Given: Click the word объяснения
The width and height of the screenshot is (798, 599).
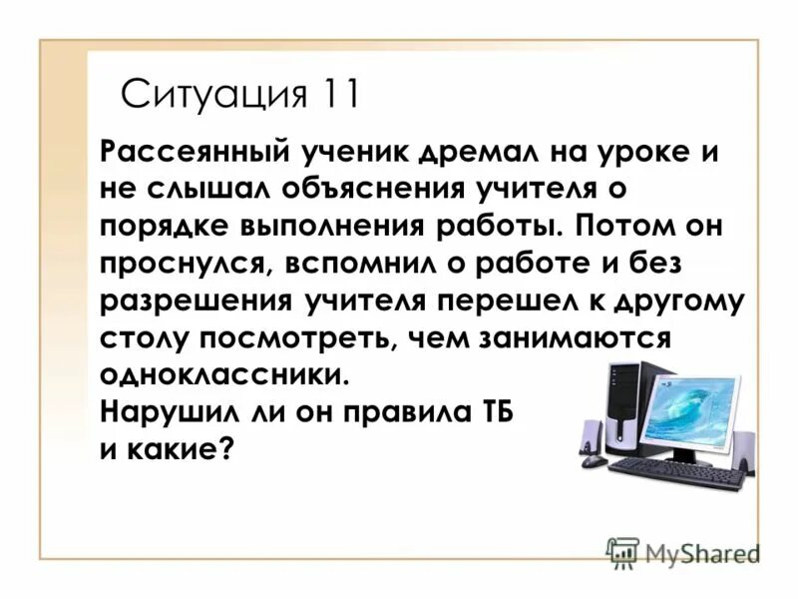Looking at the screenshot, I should click(x=350, y=191).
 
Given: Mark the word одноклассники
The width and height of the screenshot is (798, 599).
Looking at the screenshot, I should click(x=226, y=376).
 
